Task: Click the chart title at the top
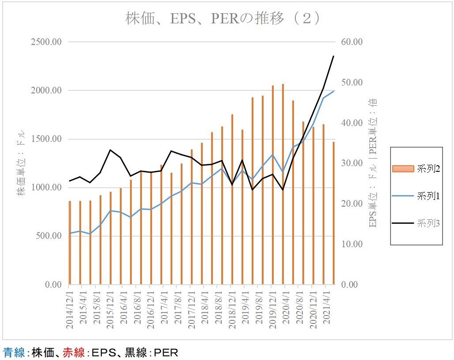(223, 19)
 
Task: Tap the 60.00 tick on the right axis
(351, 42)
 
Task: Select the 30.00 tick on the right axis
(351, 163)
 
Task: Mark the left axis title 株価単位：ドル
(21, 163)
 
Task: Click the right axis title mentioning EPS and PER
(373, 163)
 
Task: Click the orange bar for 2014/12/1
(70, 242)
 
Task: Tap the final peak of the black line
(334, 56)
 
